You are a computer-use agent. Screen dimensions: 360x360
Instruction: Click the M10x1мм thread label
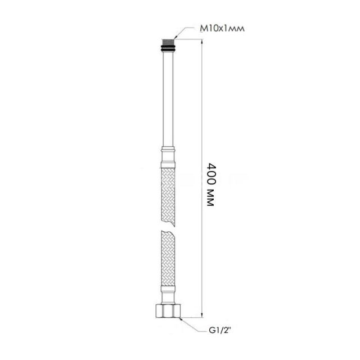(x=222, y=29)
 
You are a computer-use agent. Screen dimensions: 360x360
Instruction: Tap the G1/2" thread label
(x=219, y=330)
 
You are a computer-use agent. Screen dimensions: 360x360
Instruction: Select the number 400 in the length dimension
(x=211, y=174)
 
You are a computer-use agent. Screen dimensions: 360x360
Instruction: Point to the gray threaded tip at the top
(x=168, y=42)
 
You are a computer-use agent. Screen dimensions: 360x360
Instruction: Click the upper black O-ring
(x=168, y=47)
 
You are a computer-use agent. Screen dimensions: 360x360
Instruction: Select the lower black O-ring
(x=168, y=50)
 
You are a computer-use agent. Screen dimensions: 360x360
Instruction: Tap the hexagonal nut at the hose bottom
(x=168, y=310)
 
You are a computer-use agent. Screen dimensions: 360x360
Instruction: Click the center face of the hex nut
(x=168, y=311)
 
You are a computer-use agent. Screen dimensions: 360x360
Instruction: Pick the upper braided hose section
(x=168, y=197)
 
